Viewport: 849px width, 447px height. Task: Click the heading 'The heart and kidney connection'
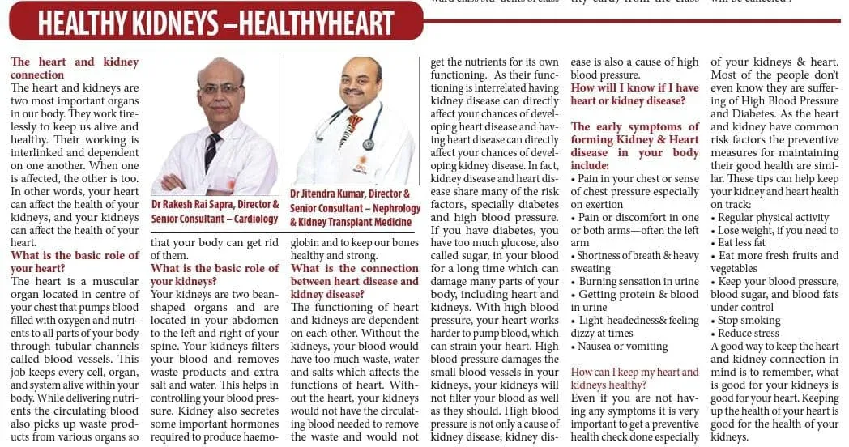coord(75,68)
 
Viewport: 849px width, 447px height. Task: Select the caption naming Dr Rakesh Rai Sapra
coord(215,212)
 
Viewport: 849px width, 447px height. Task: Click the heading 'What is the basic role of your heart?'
coord(75,262)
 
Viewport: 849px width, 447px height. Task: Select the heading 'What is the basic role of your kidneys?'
coord(215,275)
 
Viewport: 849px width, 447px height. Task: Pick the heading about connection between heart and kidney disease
coord(355,281)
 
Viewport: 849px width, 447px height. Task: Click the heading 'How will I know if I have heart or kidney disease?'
coord(634,94)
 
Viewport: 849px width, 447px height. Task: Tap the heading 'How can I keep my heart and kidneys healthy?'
coord(634,379)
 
